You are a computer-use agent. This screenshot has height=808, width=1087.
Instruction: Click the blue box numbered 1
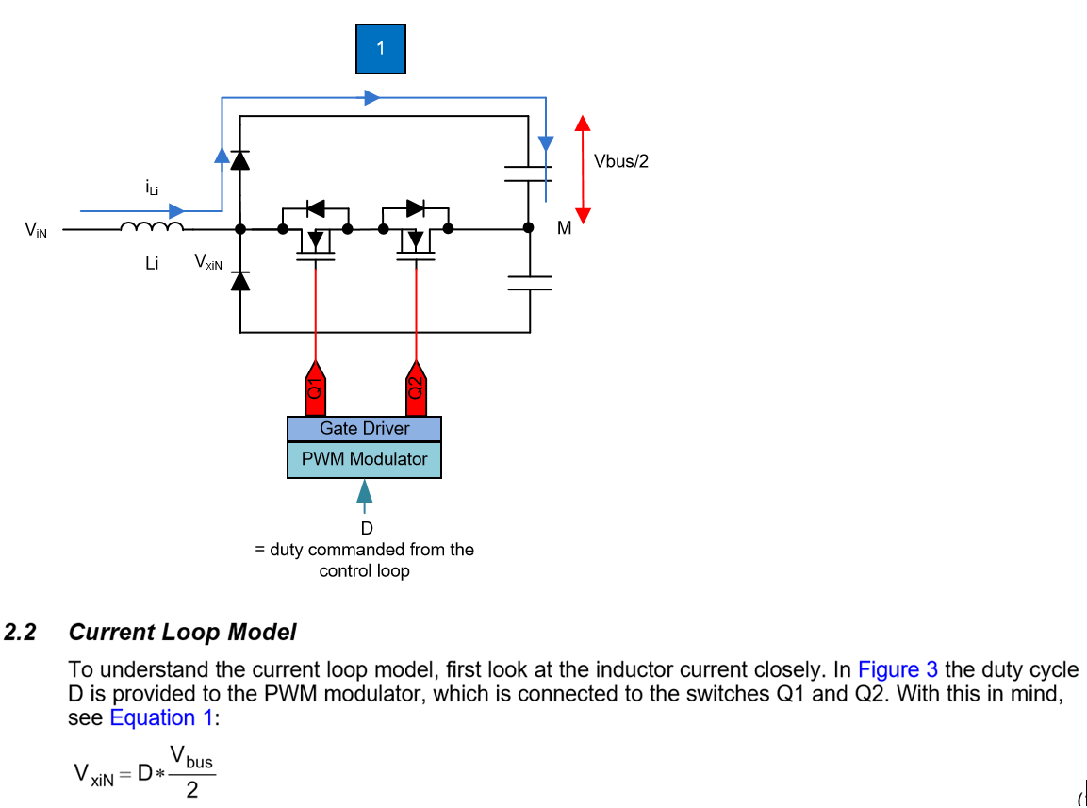380,49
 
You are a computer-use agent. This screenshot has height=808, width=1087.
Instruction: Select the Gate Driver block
364,429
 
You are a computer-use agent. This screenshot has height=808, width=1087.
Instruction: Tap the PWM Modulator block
364,460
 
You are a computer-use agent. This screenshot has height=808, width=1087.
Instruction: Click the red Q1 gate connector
316,387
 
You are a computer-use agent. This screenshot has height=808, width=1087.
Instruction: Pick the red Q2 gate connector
415,387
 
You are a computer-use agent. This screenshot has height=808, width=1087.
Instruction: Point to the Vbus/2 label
621,161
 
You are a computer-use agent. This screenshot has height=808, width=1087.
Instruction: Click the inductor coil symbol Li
151,227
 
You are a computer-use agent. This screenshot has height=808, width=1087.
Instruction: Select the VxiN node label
208,261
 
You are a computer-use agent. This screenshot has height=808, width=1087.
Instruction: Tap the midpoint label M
564,228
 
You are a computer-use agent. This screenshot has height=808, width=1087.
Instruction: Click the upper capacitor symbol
528,172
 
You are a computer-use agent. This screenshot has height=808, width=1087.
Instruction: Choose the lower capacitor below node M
528,283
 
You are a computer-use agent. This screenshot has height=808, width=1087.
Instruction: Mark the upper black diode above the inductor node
240,159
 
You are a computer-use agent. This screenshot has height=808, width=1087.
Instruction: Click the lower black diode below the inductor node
240,280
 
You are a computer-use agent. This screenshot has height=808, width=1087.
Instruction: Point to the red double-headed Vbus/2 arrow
583,170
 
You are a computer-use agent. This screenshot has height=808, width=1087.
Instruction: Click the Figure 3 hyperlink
898,670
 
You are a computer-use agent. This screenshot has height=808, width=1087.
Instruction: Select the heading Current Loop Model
182,633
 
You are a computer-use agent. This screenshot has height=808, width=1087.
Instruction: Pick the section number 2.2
21,633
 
